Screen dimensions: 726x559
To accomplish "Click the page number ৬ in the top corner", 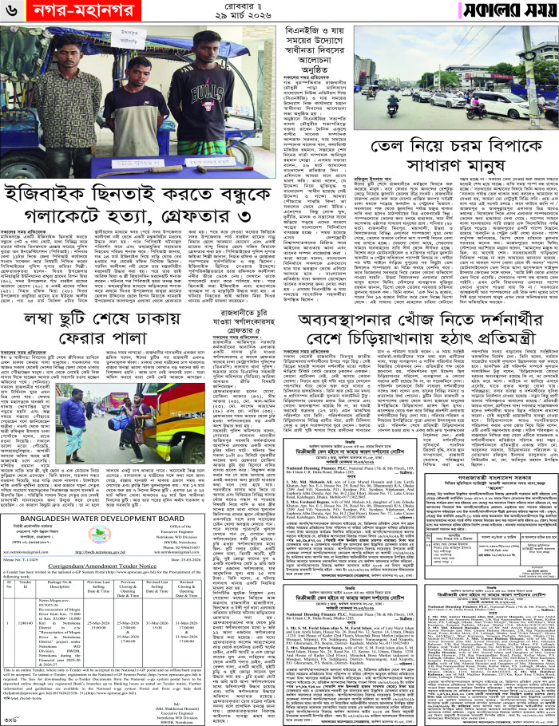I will coord(11,12).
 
